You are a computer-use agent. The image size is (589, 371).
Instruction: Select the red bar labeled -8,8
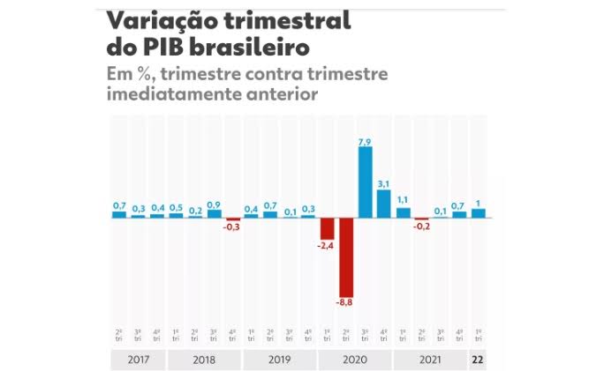pyautogui.click(x=345, y=256)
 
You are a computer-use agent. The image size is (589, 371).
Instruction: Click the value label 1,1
pyautogui.click(x=403, y=200)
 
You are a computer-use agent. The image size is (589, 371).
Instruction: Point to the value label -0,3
pyautogui.click(x=232, y=227)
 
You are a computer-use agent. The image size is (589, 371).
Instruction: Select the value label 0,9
pyautogui.click(x=214, y=204)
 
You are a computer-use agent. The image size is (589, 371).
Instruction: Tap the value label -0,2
pyautogui.click(x=421, y=226)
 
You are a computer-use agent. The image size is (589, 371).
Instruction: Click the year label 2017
pyautogui.click(x=138, y=360)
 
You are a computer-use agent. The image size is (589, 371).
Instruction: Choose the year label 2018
pyautogui.click(x=204, y=360)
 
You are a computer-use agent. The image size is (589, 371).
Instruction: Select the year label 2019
pyautogui.click(x=280, y=360)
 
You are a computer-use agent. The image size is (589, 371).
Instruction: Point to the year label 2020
pyautogui.click(x=355, y=360)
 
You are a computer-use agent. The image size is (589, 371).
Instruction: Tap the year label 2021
pyautogui.click(x=430, y=360)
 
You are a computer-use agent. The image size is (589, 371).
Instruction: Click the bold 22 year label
pyautogui.click(x=478, y=360)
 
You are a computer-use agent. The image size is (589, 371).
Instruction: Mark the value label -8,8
pyautogui.click(x=345, y=302)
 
